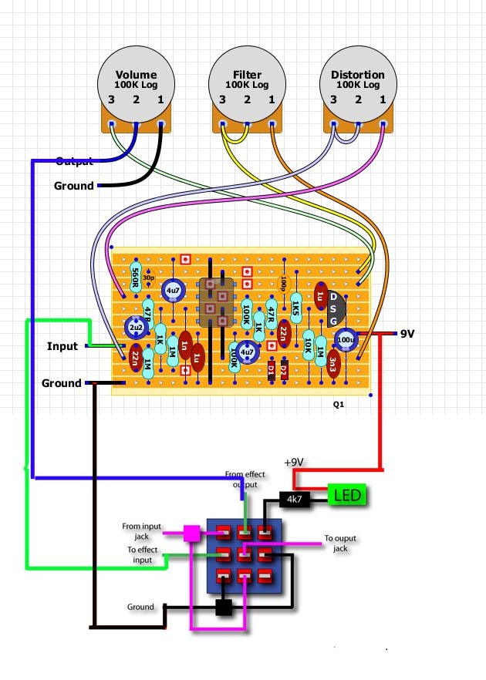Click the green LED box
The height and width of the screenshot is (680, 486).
[x=347, y=494]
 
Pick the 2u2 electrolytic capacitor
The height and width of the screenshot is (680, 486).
[x=137, y=329]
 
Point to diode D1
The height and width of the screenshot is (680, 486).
[x=271, y=369]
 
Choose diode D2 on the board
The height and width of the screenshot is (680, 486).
[x=283, y=369]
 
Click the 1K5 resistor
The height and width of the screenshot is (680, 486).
[x=296, y=309]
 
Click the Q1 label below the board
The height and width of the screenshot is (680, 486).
[x=339, y=403]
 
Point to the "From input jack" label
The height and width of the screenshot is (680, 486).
[x=142, y=531]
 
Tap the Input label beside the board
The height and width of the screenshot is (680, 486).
[x=62, y=346]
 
